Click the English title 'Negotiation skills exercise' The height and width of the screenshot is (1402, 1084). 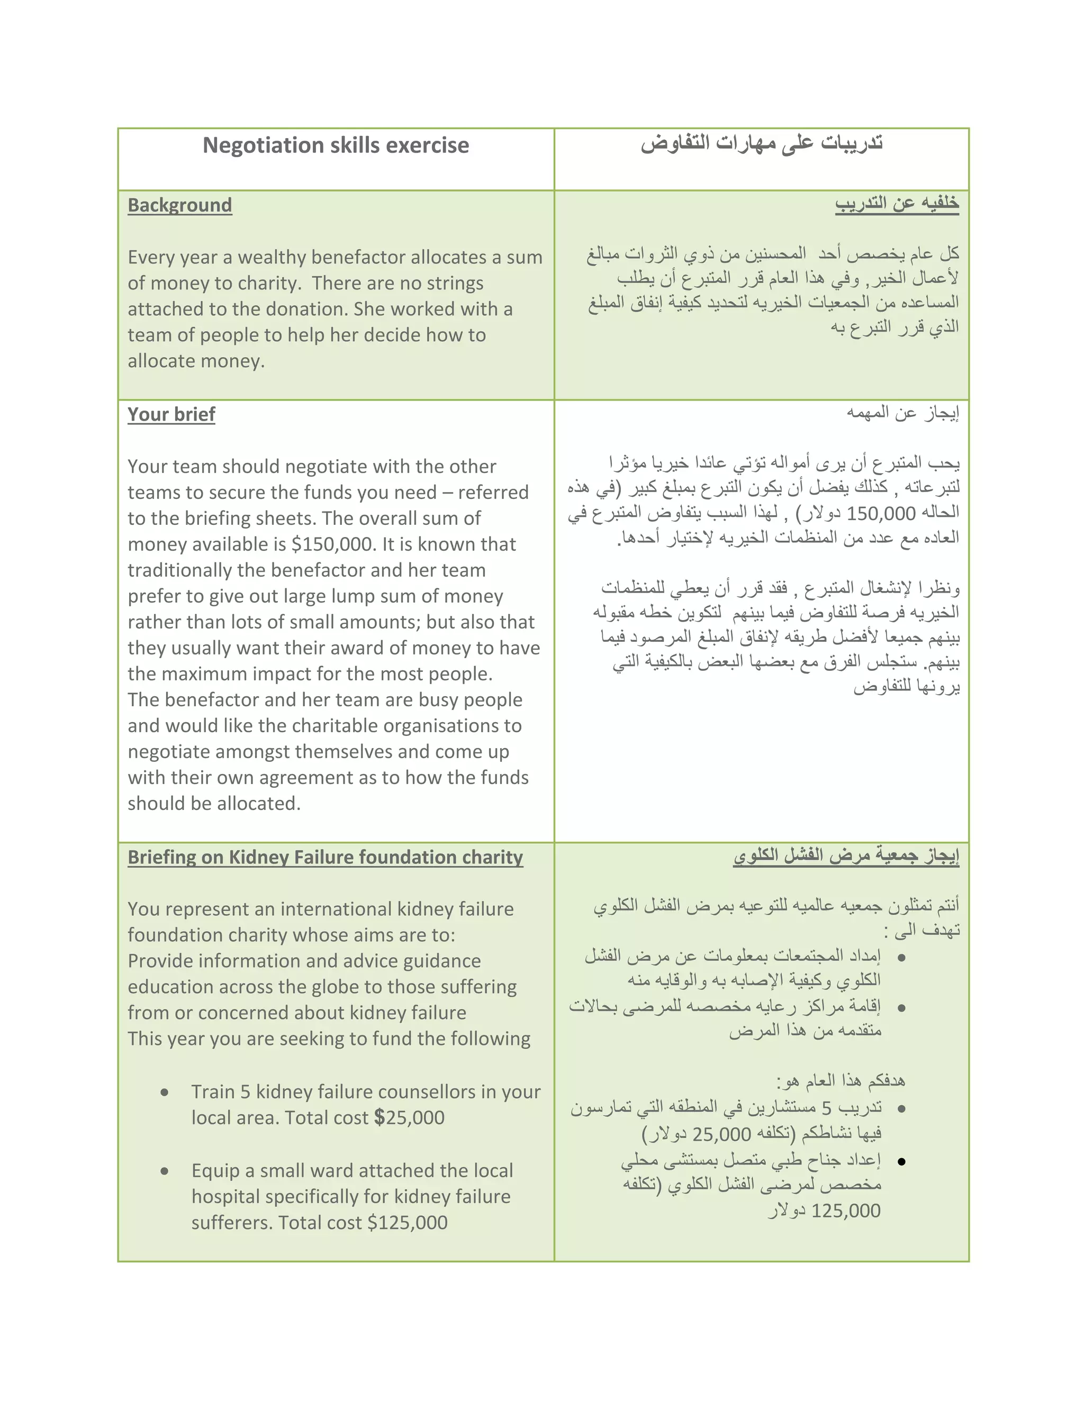click(336, 145)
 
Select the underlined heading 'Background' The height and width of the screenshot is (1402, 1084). click(180, 205)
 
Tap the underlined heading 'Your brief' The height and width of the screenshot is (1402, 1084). click(171, 415)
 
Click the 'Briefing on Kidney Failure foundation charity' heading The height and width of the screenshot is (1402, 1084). click(325, 858)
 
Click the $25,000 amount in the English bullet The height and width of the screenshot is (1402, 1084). click(409, 1117)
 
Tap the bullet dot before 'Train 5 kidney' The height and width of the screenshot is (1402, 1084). click(165, 1093)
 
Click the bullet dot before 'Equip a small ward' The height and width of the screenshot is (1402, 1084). click(165, 1171)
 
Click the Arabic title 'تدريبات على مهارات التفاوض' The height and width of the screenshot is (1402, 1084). click(762, 143)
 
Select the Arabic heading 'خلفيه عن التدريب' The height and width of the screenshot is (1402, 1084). click(897, 204)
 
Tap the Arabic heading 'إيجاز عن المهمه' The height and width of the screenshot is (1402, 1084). click(902, 413)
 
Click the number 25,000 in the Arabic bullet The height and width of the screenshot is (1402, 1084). click(722, 1134)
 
